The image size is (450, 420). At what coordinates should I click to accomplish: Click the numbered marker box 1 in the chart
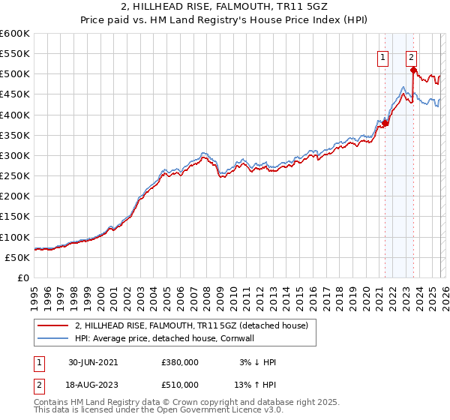point(383,56)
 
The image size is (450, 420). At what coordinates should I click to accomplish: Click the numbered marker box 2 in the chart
point(412,56)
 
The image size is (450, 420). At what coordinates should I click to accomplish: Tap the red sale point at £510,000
point(413,70)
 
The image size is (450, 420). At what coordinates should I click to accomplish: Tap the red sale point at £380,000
point(385,123)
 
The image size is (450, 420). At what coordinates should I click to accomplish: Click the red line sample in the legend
point(52,325)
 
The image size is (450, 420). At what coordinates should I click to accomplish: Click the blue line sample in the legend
point(52,338)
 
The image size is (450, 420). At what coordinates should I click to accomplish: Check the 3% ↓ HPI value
point(256,361)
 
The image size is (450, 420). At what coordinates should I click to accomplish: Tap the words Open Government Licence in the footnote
point(212,411)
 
